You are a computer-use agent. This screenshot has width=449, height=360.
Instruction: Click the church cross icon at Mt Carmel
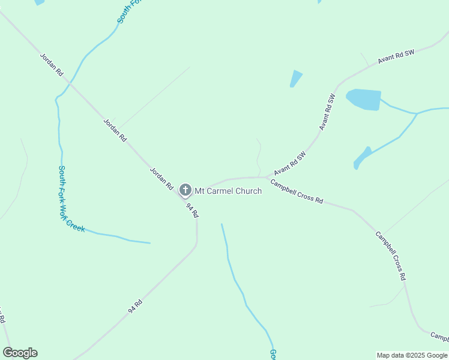185,191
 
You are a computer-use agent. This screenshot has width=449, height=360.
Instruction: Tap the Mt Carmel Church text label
228,191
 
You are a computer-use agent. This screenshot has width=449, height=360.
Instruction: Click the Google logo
20,353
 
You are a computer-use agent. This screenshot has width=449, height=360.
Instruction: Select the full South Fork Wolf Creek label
71,199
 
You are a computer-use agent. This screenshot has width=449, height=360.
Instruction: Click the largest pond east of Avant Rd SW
364,99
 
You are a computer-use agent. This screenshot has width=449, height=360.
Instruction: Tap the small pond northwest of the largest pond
295,78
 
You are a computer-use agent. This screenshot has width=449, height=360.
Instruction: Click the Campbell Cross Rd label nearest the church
297,191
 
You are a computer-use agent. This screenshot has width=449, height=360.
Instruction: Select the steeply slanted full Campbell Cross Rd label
391,256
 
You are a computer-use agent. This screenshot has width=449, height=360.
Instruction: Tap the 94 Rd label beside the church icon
192,210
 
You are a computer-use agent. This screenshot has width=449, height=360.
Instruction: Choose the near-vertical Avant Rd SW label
327,112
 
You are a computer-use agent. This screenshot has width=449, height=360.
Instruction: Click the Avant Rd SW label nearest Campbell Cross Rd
290,163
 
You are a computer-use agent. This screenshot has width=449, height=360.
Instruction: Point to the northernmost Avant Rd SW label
396,57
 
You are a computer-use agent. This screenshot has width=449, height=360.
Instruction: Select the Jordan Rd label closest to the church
161,178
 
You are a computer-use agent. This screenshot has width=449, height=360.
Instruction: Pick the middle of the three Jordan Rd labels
115,130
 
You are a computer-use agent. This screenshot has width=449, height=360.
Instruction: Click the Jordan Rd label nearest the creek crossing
52,64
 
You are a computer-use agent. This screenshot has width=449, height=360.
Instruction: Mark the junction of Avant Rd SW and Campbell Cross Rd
266,177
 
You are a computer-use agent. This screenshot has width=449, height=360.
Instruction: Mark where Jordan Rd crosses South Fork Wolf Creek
71,83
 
